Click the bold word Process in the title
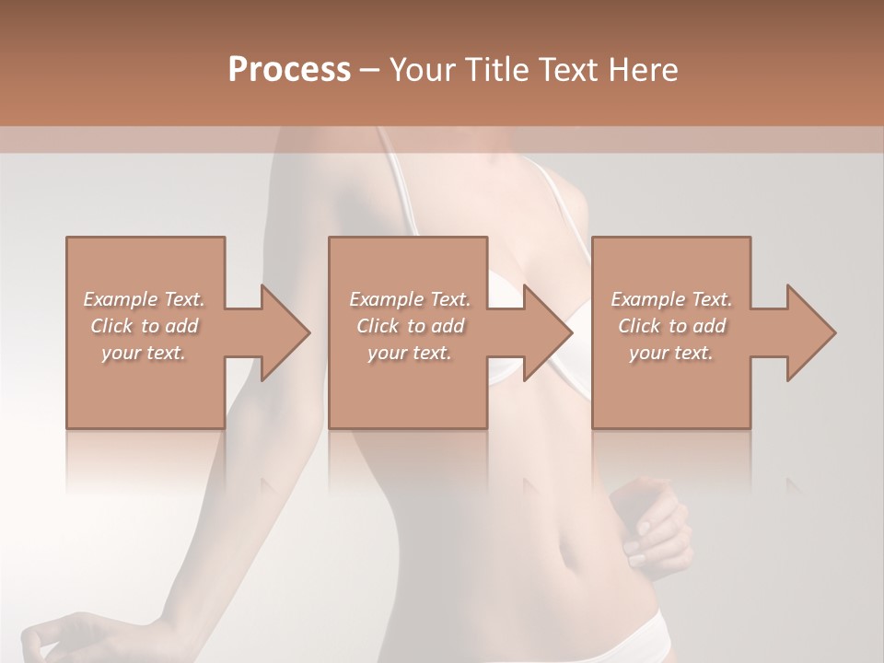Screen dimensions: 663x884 [x=289, y=70]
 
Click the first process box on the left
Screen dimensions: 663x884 [x=145, y=387]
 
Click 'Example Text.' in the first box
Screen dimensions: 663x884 [x=145, y=299]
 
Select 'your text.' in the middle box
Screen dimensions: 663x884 [x=408, y=353]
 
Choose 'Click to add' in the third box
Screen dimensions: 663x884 [x=671, y=326]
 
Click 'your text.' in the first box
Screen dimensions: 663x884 [x=145, y=353]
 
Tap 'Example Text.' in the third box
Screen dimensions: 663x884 [x=671, y=299]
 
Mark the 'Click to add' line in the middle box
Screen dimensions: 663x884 [x=410, y=326]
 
